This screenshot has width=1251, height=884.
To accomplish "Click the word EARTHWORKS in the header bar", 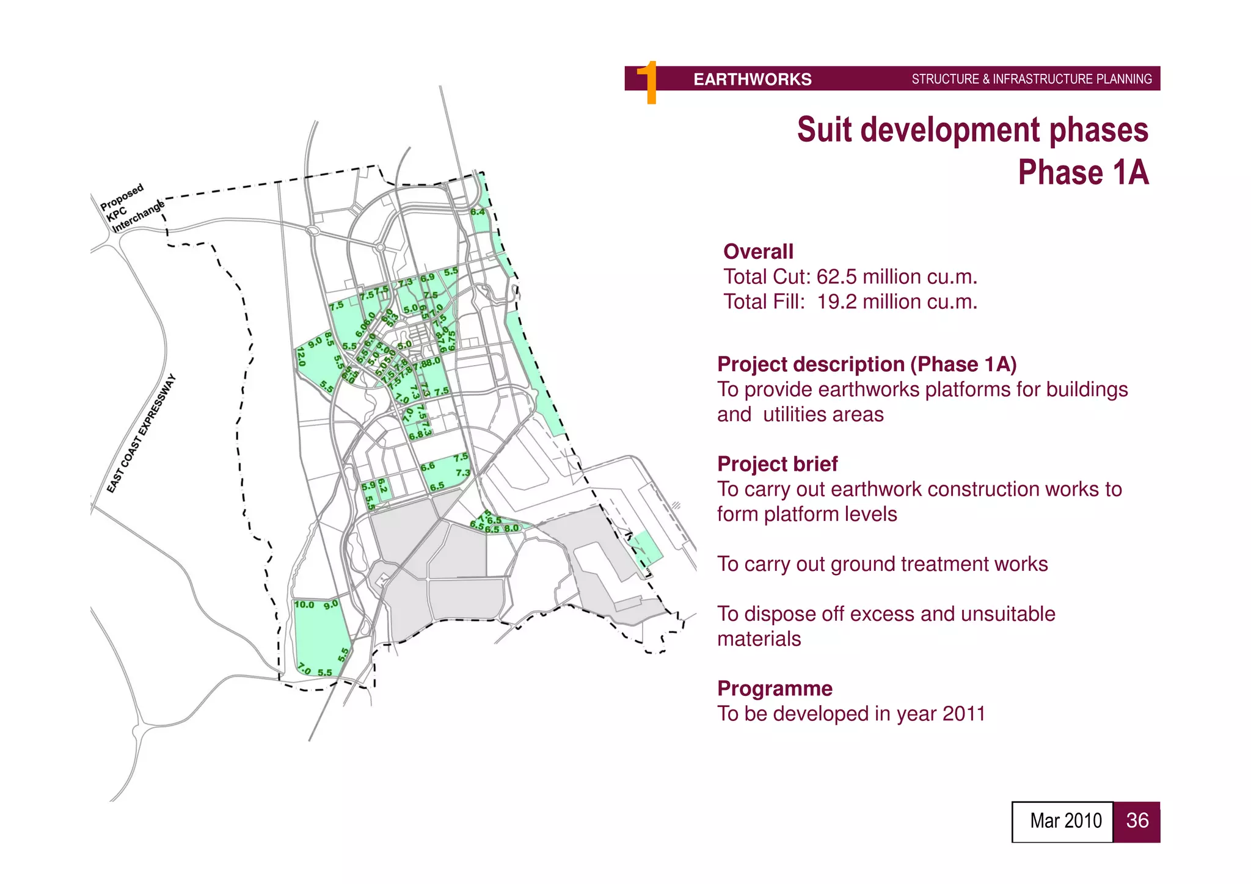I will (x=752, y=79).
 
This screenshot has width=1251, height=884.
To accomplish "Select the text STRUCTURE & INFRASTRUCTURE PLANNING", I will (x=1031, y=79).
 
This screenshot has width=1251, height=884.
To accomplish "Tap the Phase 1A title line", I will (x=1082, y=173).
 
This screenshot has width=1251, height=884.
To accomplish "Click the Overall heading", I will (x=758, y=252).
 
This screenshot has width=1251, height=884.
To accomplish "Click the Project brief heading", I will (x=777, y=464).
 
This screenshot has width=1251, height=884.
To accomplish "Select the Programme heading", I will (x=775, y=689).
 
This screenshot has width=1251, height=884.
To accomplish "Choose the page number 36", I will (x=1137, y=821).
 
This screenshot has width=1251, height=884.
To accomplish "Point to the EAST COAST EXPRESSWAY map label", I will (x=141, y=433).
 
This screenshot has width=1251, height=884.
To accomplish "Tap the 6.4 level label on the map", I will (x=478, y=212).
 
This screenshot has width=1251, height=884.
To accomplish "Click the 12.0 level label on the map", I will (x=301, y=356).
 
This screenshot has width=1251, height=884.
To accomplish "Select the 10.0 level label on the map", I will (x=304, y=605).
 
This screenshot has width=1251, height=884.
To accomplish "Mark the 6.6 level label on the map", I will (x=428, y=466).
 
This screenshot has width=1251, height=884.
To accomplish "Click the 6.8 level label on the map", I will (x=415, y=436).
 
